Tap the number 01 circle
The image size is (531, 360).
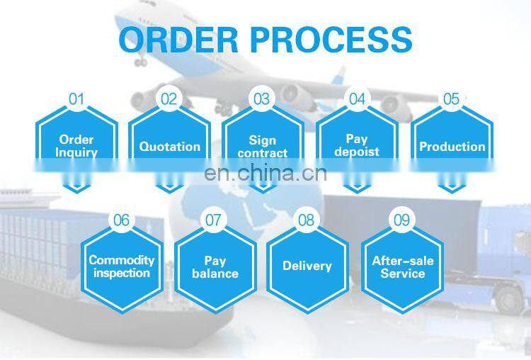76,99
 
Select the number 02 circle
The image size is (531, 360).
169,99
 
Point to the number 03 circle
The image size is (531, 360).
262,99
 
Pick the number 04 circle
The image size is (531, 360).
357,99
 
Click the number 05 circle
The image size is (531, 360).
451,99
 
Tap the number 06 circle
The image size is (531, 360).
122,220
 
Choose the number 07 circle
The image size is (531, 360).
213,220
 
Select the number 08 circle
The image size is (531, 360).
306,220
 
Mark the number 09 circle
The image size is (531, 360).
401,220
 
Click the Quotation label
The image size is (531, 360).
169,147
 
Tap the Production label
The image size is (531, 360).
452,147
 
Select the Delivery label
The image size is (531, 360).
307,266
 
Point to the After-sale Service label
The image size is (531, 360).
402,266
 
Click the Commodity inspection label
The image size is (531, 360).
122,266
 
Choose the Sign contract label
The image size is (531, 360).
262,147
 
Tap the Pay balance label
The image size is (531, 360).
215,266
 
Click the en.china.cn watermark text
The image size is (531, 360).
265,174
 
